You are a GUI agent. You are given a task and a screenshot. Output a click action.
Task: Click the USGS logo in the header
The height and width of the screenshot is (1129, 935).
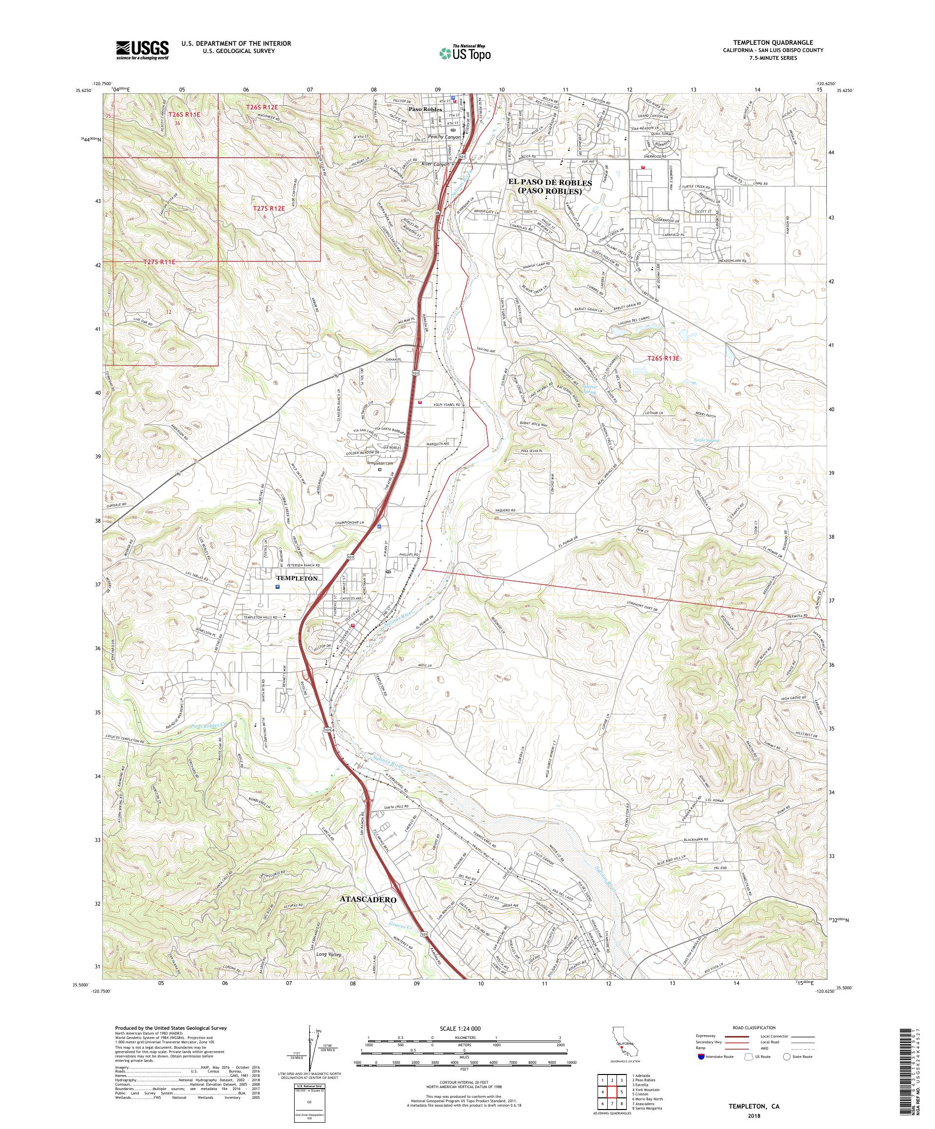pos(142,50)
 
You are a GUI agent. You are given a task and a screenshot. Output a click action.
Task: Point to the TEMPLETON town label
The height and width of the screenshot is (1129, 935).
pos(297,578)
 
